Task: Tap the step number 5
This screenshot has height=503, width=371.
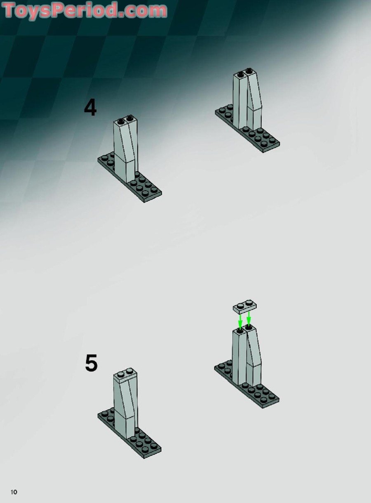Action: pos(91,363)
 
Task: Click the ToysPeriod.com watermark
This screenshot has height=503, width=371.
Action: pos(85,10)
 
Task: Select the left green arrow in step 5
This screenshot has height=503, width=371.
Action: pos(240,321)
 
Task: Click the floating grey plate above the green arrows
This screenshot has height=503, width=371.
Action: pos(245,307)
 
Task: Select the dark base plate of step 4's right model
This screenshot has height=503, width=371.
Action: pos(247,128)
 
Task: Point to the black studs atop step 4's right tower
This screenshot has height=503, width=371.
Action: pos(245,72)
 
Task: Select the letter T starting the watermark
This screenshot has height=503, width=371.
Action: pos(10,9)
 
